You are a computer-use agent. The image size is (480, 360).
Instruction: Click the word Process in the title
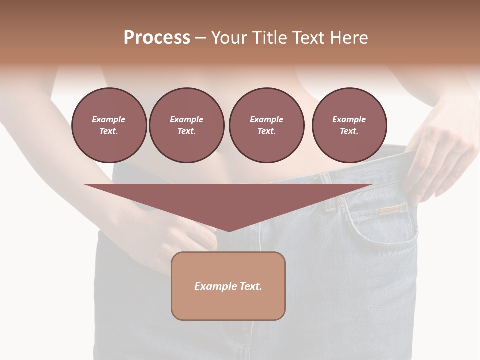[x=157, y=38]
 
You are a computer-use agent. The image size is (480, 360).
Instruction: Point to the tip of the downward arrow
[x=229, y=230]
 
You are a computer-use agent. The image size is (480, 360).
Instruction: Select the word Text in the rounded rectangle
[x=251, y=286]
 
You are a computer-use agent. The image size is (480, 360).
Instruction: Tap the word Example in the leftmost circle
[x=109, y=119]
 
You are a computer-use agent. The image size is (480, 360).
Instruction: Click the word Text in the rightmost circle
[x=349, y=131]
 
